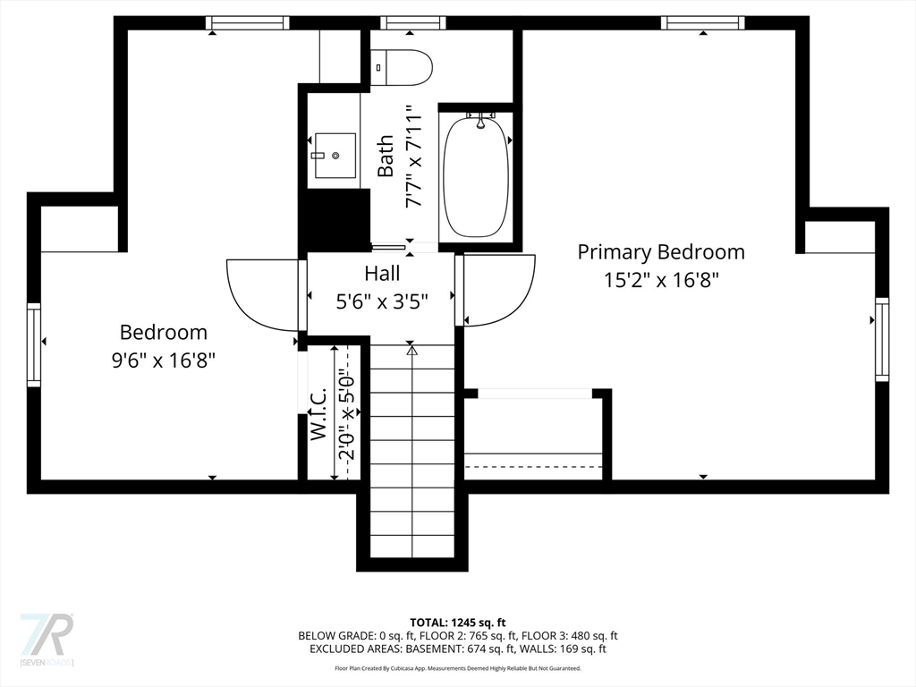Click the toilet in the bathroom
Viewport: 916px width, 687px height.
point(403,66)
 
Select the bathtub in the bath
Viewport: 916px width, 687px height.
point(476,177)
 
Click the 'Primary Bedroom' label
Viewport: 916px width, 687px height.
point(660,252)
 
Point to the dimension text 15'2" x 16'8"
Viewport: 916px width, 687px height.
point(661,280)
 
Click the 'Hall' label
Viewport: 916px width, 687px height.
point(382,274)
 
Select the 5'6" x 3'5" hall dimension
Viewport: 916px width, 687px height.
point(382,301)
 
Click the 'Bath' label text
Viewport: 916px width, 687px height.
point(386,156)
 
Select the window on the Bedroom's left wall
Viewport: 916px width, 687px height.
point(34,344)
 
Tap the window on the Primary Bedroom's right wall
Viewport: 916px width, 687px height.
point(881,340)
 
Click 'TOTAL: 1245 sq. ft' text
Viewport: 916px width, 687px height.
point(457,622)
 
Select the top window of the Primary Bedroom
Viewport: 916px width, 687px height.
point(702,23)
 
